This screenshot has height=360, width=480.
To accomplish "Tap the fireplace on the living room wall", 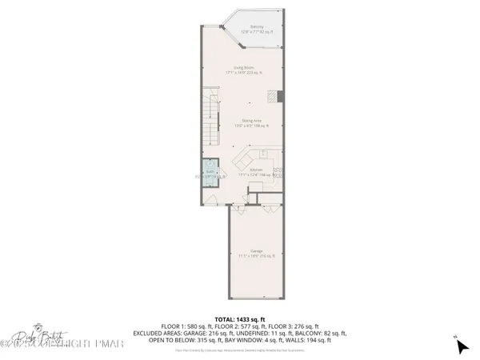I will click(281, 95).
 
